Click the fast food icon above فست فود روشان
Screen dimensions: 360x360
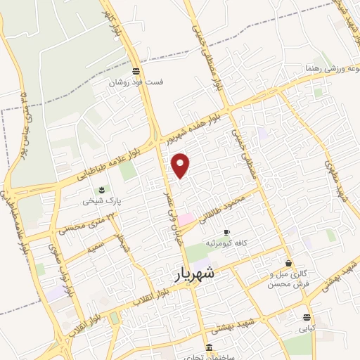[136, 71]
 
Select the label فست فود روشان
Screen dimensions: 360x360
[136, 82]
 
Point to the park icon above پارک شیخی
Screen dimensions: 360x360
[102, 191]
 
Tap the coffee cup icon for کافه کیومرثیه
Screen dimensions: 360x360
[226, 232]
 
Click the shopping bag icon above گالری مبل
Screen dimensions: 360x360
[289, 263]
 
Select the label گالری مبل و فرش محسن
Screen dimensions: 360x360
[289, 279]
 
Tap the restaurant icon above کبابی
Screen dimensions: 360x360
[307, 317]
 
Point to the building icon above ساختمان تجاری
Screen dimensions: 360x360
[209, 347]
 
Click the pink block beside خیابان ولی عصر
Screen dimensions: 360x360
[186, 220]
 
